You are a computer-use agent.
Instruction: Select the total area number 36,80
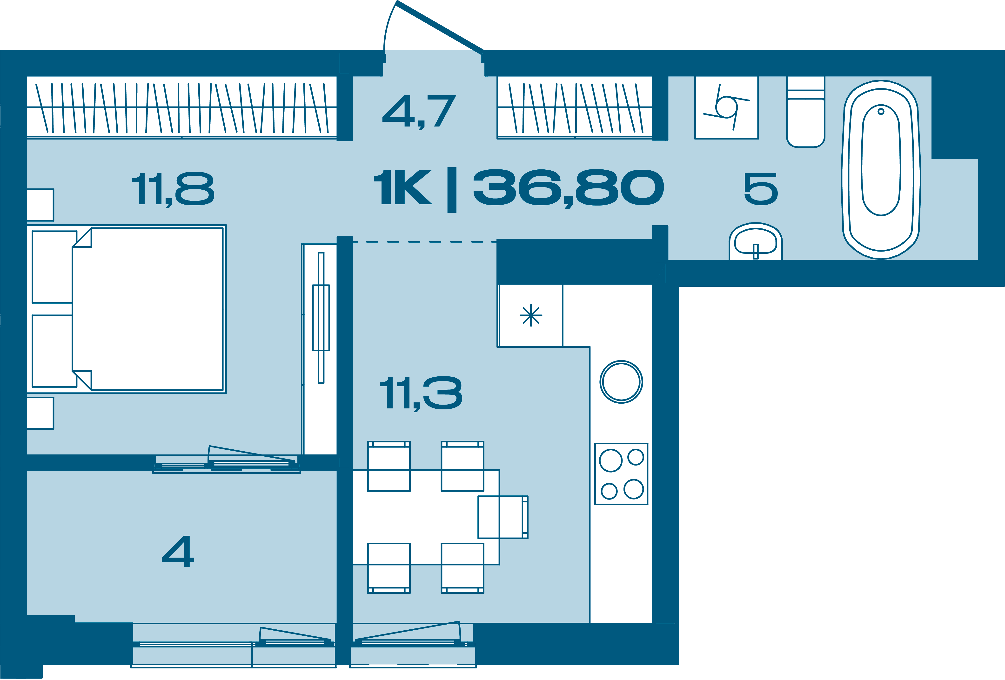pyautogui.click(x=569, y=188)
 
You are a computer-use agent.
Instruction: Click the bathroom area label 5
pyautogui.click(x=761, y=189)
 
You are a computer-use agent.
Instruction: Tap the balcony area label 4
pyautogui.click(x=178, y=552)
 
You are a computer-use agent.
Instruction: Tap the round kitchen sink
pyautogui.click(x=621, y=382)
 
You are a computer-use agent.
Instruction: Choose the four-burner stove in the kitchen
pyautogui.click(x=621, y=474)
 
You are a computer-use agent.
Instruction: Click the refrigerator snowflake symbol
pyautogui.click(x=531, y=316)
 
